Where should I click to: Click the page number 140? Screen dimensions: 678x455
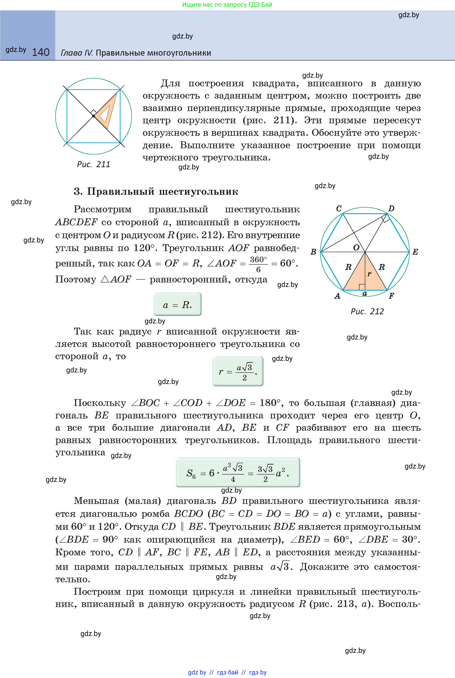(41, 52)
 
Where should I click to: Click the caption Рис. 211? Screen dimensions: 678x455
(94, 164)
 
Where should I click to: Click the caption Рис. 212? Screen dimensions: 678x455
(367, 311)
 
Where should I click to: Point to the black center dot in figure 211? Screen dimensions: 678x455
(94, 116)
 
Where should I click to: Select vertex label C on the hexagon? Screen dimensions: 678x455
(339, 209)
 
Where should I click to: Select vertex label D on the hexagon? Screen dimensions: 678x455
(391, 209)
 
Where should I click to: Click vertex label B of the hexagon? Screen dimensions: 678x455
(313, 252)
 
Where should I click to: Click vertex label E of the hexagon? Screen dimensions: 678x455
(415, 252)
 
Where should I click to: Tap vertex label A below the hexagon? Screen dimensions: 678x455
(337, 296)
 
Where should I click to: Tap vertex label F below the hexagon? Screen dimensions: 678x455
(391, 296)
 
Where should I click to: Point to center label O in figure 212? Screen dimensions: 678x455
(356, 247)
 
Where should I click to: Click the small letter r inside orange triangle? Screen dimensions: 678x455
(369, 274)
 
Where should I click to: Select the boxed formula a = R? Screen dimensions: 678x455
(177, 304)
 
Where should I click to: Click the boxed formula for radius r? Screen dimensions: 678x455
(238, 371)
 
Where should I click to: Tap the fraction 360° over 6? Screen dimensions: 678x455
(258, 264)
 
